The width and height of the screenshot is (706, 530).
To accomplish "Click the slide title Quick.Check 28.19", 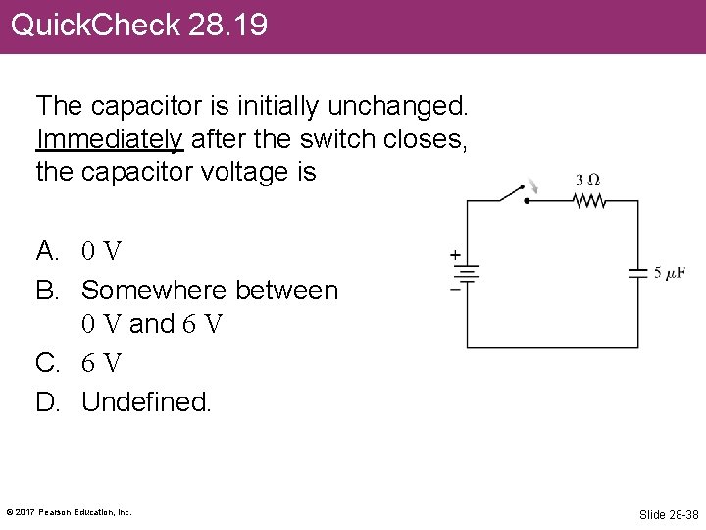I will [138, 25].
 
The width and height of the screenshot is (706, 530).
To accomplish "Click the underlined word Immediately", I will [109, 138].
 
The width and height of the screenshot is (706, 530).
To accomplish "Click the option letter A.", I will [46, 251].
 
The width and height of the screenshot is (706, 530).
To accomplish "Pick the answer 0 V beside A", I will [102, 252].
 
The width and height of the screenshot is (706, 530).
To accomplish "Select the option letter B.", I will [46, 291].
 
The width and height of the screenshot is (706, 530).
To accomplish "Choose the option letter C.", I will [46, 363].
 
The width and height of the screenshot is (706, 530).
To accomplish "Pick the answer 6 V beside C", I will [102, 364].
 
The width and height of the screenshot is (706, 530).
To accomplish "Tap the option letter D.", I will [46, 401].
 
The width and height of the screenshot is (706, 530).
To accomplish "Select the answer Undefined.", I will [146, 401].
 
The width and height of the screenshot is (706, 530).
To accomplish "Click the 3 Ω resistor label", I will [587, 181].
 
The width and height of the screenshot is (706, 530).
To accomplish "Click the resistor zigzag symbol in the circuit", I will [589, 201].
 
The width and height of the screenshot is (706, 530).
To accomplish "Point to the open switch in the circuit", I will [512, 192].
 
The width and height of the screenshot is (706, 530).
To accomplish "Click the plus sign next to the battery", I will [455, 254].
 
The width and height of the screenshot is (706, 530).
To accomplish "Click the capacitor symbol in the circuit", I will [637, 273].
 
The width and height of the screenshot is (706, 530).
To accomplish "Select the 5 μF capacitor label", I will [670, 273].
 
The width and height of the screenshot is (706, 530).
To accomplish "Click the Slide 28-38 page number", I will [669, 514].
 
